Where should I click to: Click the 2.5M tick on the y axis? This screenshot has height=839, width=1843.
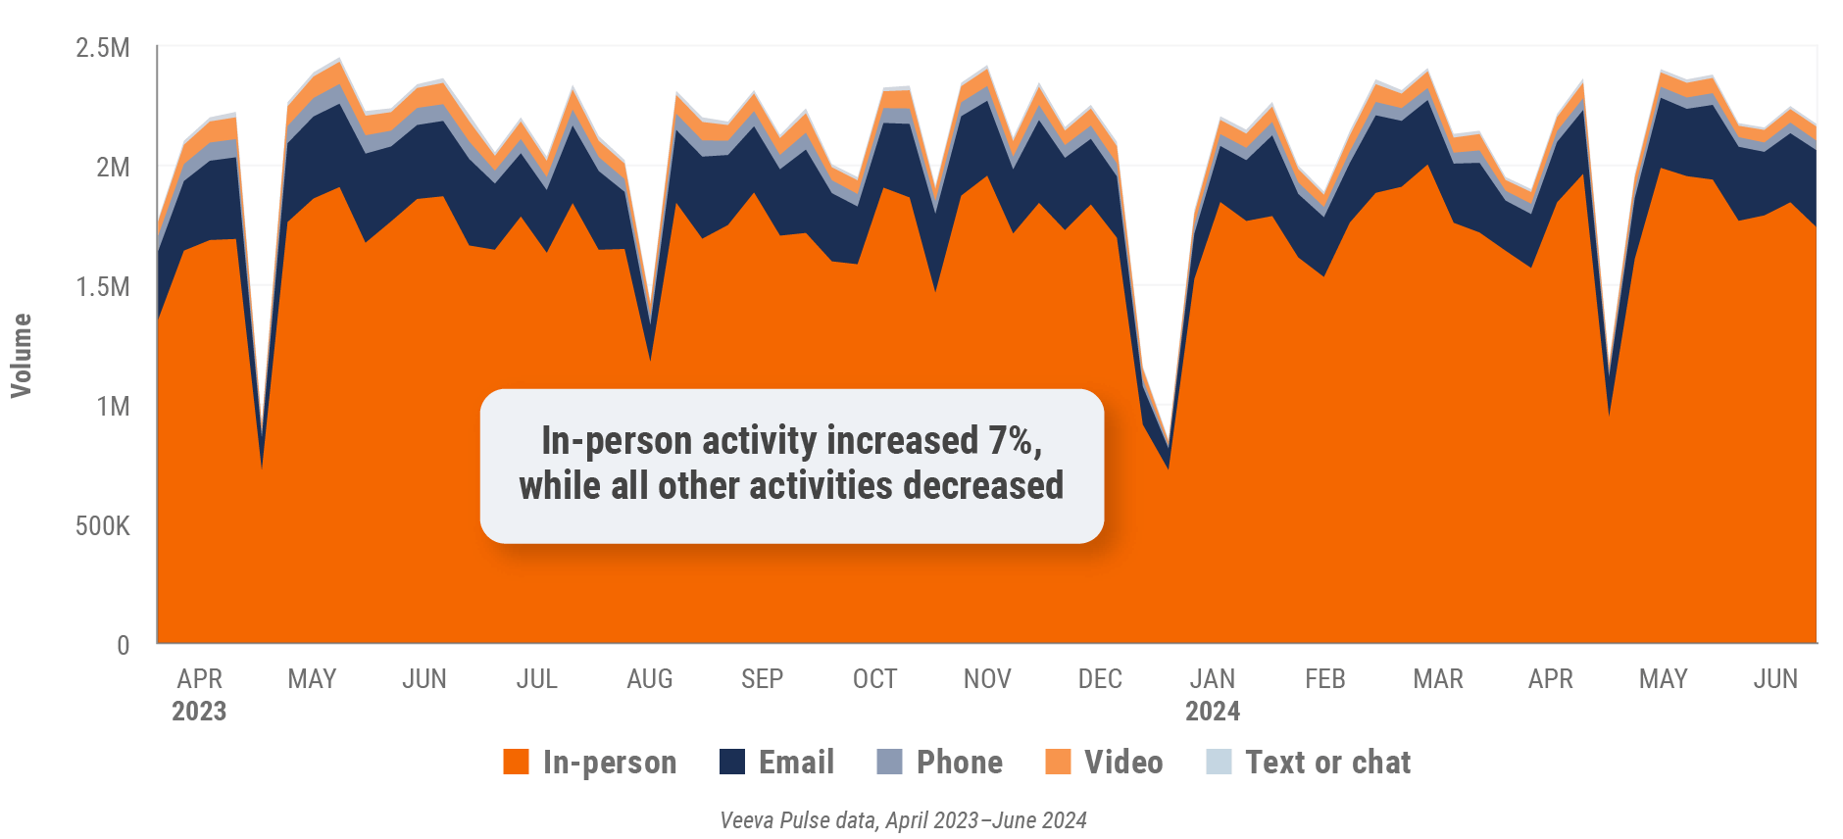(x=102, y=48)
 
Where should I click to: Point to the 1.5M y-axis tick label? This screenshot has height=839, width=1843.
(x=102, y=287)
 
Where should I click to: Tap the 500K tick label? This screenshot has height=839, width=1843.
(x=102, y=526)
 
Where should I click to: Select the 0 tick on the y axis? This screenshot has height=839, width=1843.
(x=123, y=645)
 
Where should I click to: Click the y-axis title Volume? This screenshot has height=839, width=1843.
(x=21, y=356)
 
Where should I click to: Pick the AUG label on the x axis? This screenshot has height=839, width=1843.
(x=649, y=679)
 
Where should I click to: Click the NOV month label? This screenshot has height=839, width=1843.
(x=986, y=679)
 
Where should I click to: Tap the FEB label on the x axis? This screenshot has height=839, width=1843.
(x=1324, y=679)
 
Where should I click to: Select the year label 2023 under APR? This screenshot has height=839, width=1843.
(x=199, y=712)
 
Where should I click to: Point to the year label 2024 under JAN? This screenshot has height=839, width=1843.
(x=1212, y=712)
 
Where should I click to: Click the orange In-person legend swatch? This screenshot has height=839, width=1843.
(x=516, y=762)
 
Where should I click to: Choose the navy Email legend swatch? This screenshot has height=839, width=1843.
(x=731, y=762)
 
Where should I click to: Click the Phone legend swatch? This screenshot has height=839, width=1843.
(x=889, y=762)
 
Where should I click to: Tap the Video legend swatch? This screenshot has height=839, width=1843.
(x=1058, y=762)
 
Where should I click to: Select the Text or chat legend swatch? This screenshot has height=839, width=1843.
(x=1219, y=762)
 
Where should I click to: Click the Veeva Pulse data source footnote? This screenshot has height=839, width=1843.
(x=903, y=820)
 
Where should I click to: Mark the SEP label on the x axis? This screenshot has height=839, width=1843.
(x=762, y=679)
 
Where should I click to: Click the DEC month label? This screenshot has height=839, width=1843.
(x=1099, y=679)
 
